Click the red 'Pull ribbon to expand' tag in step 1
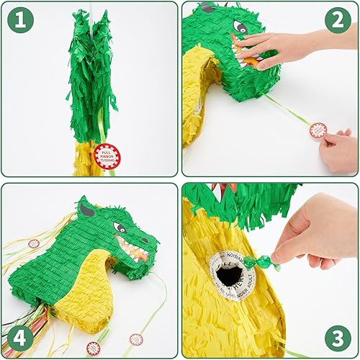pos(107,156)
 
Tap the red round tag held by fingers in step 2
pos(318,130)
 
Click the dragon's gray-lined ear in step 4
pos(84,210)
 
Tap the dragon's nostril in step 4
pos(152,235)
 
